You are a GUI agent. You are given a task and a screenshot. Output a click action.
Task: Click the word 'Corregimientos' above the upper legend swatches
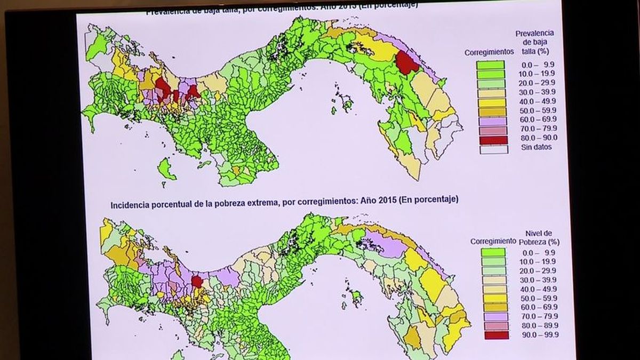(489, 52)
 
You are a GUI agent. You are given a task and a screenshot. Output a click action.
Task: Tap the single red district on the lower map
(197, 281)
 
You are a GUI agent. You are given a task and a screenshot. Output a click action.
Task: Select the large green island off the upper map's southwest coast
(166, 170)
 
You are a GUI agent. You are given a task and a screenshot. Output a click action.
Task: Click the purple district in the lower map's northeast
(382, 245)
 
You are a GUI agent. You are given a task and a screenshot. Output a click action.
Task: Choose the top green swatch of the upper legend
(491, 65)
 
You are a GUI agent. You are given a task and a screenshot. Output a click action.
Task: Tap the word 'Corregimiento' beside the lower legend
(493, 241)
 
